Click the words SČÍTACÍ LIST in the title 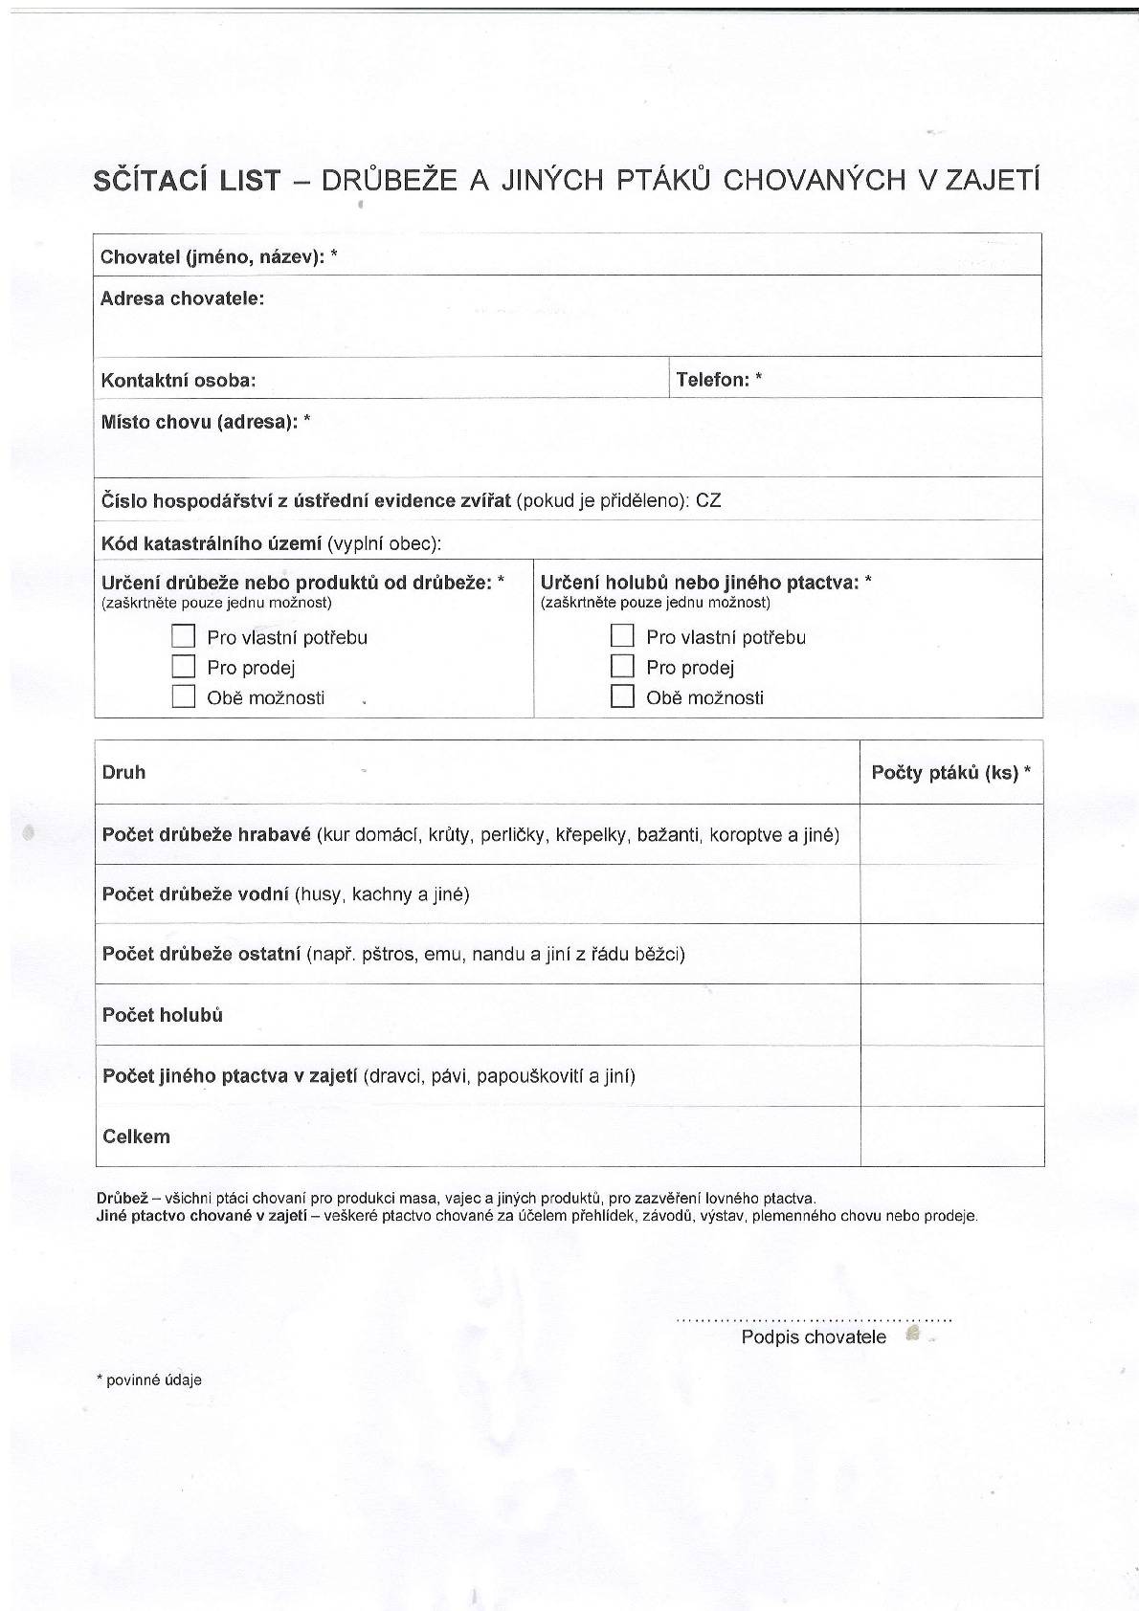coord(188,180)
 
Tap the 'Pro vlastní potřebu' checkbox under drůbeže coord(184,636)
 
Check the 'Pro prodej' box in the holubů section coord(622,666)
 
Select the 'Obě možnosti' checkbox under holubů coord(622,696)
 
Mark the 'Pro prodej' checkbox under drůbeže coord(184,666)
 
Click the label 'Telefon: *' coord(719,379)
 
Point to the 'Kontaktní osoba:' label coord(178,380)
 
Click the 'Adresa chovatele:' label coord(182,298)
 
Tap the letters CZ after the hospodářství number coord(708,500)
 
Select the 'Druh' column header coord(123,772)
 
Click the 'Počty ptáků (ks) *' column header coord(950,772)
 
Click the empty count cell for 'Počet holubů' coord(951,1014)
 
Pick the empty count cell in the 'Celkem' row coord(951,1137)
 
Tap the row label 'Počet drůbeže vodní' coord(195,894)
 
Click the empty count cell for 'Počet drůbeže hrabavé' coord(951,834)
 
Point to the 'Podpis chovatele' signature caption coord(814,1336)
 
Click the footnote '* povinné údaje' coord(149,1379)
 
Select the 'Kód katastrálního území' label coord(212,543)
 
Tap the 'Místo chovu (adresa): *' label coord(206,422)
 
